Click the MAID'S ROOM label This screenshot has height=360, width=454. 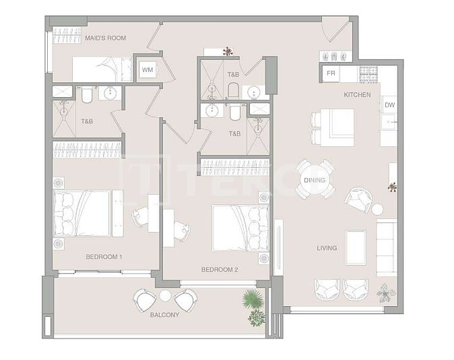point(105,38)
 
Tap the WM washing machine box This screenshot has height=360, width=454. point(148,70)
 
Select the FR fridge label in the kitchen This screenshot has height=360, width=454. point(331,73)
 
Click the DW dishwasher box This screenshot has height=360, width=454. point(389,105)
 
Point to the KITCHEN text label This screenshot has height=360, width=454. point(357,95)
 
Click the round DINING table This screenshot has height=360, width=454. point(315,180)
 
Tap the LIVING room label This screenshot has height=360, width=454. point(327,248)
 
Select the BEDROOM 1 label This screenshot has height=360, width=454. point(104,257)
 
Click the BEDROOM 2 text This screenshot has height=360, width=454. point(220,270)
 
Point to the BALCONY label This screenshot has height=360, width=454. point(165,314)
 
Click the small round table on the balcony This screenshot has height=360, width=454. point(165,295)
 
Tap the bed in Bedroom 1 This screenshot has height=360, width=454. point(82,213)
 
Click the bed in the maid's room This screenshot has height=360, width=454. point(101,69)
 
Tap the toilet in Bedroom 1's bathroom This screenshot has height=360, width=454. point(87,96)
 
